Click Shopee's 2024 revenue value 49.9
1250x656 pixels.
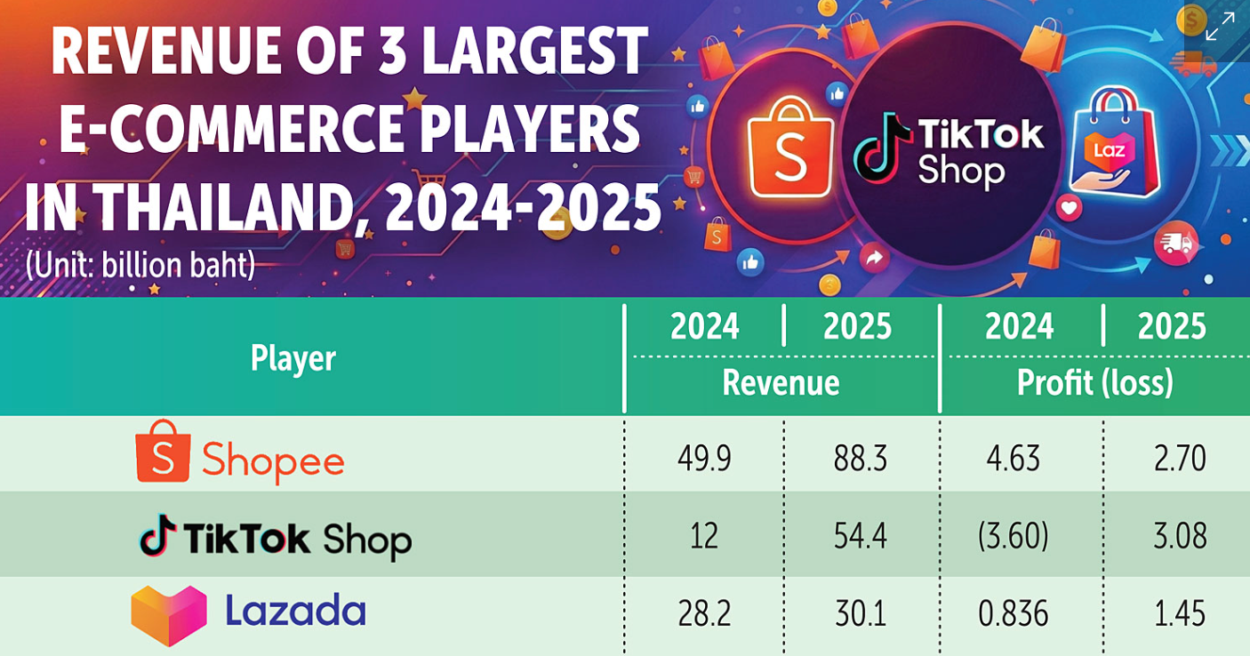coord(704,459)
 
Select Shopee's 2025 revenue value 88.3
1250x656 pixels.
coord(860,459)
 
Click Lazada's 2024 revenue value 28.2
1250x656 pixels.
coord(704,613)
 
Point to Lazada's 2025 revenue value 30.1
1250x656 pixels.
coord(860,613)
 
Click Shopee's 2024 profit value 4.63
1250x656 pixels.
coord(1014,459)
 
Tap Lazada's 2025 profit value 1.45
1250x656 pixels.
coord(1180,613)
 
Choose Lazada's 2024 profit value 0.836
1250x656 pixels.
coord(1014,613)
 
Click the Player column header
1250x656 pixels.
coord(293,359)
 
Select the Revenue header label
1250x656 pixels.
coord(781,382)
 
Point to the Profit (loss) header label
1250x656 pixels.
coord(1095,382)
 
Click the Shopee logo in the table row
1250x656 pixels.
coord(163,451)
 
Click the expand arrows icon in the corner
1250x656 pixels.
coord(1220,26)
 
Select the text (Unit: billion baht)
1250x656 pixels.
coord(140,266)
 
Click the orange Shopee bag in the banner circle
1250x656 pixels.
coord(790,148)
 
